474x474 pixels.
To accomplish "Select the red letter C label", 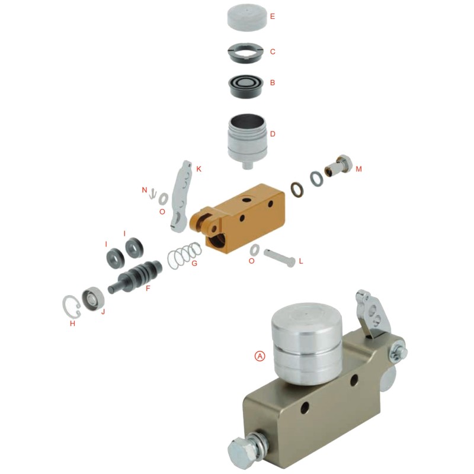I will (273, 52).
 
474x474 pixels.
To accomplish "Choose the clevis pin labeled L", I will (279, 256).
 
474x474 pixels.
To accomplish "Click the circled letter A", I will (260, 355).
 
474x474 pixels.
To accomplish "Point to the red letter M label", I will (358, 169).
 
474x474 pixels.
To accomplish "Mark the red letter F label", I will (148, 289).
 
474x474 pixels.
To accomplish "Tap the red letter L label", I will (300, 261).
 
